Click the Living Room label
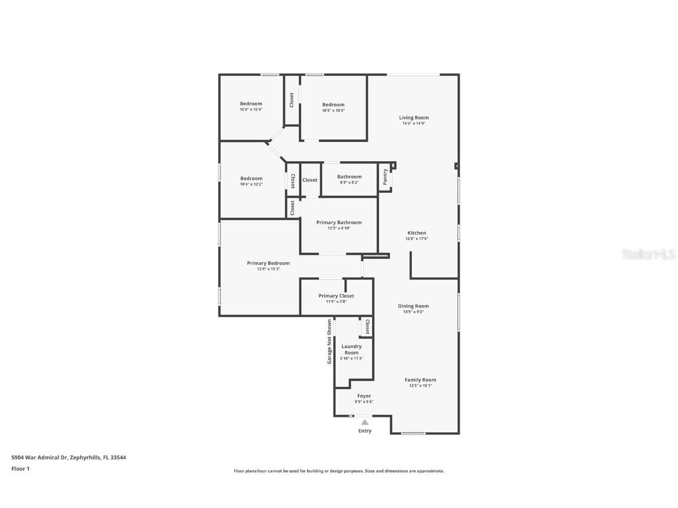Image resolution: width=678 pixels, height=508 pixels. (x=414, y=118)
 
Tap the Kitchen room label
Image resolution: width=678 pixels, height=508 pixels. (x=416, y=233)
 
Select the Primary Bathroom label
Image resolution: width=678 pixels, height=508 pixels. (x=338, y=222)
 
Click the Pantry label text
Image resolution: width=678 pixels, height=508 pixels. (x=385, y=178)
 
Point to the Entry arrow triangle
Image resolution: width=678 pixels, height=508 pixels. (x=365, y=422)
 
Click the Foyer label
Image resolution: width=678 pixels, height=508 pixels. (x=364, y=396)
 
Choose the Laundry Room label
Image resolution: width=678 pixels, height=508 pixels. (x=352, y=349)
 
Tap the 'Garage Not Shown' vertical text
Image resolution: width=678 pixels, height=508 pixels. (x=330, y=342)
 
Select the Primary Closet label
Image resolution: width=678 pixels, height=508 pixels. (x=336, y=296)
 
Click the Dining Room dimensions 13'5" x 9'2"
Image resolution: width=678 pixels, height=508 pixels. (x=413, y=312)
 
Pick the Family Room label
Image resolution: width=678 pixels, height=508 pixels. (x=420, y=380)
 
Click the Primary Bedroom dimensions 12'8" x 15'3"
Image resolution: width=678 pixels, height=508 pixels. (x=268, y=269)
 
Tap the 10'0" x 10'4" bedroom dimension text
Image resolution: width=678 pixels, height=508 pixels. (x=251, y=109)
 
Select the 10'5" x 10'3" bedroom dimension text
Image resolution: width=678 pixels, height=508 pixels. (x=333, y=111)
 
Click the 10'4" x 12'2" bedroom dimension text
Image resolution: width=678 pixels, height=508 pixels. (x=251, y=184)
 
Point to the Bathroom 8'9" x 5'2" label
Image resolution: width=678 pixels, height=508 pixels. (x=349, y=179)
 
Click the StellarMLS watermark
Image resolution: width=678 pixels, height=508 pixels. (x=649, y=254)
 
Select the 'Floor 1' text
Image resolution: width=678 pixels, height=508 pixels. (x=20, y=469)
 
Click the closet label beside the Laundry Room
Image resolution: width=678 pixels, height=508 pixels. (x=367, y=327)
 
